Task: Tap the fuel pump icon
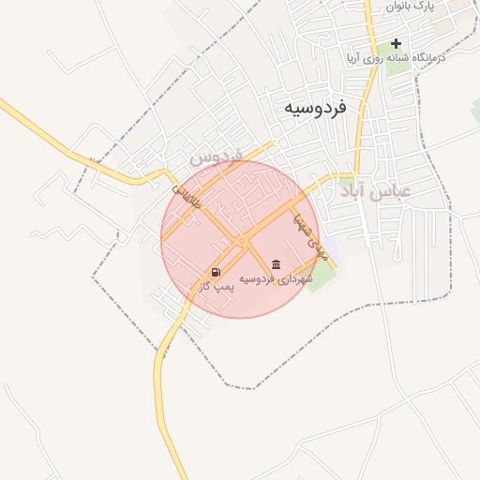click(217, 273)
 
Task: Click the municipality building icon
click(276, 264)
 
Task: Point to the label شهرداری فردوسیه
click(275, 278)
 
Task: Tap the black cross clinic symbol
click(397, 43)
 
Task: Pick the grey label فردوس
click(216, 156)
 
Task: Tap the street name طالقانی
click(186, 196)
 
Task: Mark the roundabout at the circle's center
click(242, 241)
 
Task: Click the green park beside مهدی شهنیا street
click(322, 273)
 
